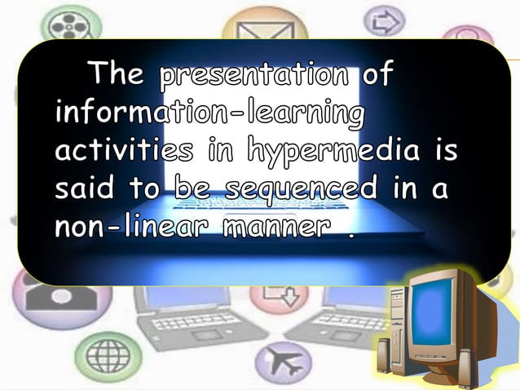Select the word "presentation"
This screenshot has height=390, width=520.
257,76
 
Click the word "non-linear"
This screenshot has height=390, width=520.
130,227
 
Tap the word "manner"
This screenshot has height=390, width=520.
275,228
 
